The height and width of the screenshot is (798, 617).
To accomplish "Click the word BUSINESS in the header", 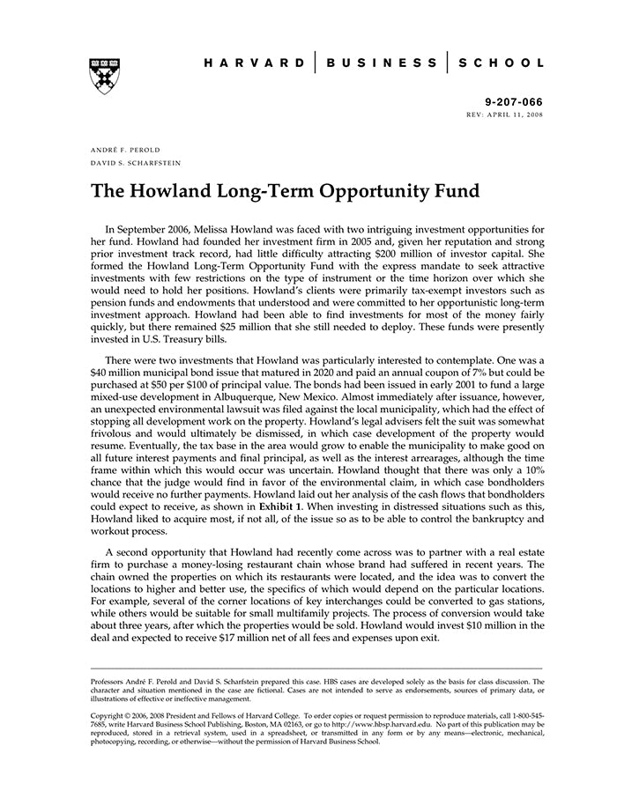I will (381, 63).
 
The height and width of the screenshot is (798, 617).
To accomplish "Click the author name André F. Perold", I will (125, 150).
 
